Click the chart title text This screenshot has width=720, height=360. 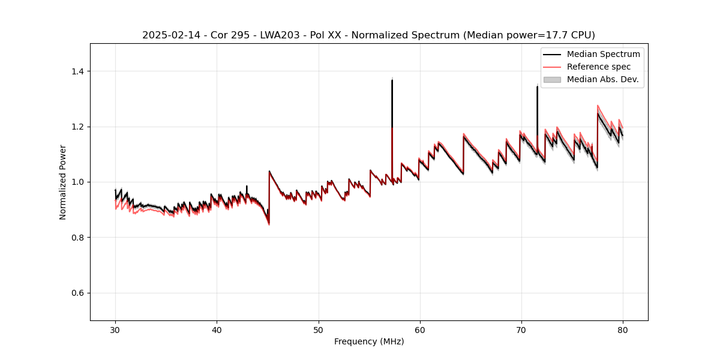coord(368,35)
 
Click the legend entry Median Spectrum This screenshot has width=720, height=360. coord(603,54)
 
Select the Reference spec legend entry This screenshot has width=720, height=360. coord(598,67)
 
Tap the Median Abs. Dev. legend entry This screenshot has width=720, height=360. coord(602,79)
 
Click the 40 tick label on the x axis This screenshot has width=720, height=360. coord(217,330)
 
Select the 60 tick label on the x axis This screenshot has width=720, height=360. coord(420,330)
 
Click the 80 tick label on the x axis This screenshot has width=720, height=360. coord(623,330)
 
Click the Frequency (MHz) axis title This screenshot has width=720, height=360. coord(369,341)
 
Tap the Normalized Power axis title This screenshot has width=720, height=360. coord(63,182)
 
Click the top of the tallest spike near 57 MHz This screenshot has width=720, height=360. coord(392,80)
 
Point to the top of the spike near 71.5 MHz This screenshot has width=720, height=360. coord(537,86)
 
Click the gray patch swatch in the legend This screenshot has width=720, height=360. coord(552,79)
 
